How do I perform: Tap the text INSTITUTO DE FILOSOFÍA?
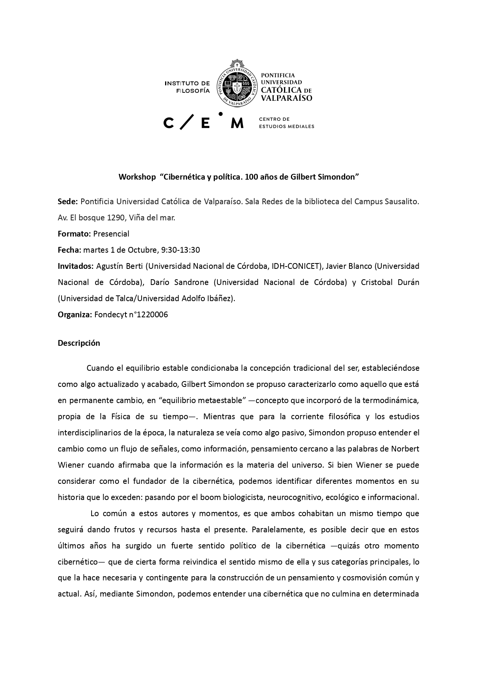click(x=187, y=87)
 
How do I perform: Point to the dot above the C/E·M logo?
click(x=221, y=114)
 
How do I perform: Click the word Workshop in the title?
click(x=137, y=177)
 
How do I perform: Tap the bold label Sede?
click(x=68, y=202)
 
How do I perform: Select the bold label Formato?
click(x=74, y=234)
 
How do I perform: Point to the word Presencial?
click(x=111, y=234)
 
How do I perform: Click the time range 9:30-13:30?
click(x=181, y=250)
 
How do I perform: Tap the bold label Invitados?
click(x=75, y=266)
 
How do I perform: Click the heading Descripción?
click(x=79, y=343)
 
